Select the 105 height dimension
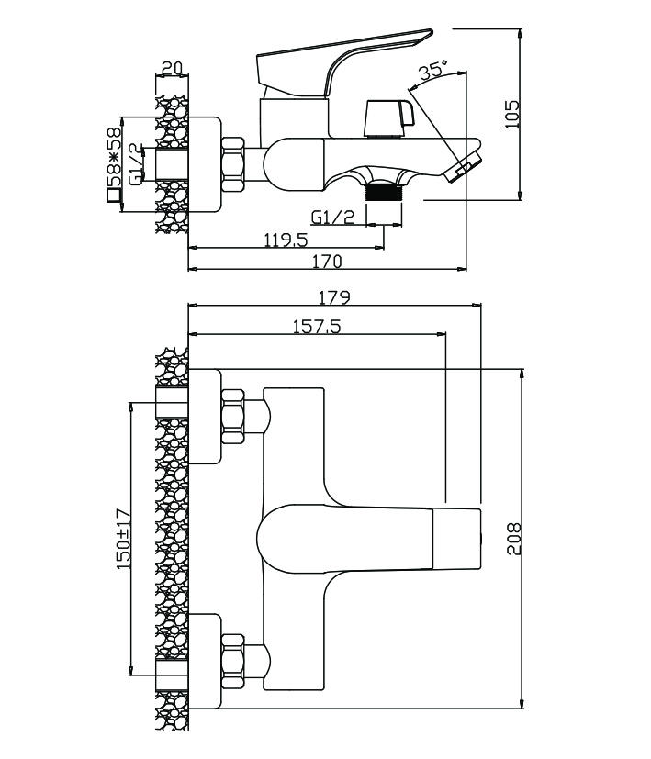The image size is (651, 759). (x=512, y=114)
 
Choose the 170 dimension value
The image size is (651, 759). (x=326, y=262)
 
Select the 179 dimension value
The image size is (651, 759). (x=335, y=297)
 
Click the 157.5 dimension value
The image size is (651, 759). (x=314, y=326)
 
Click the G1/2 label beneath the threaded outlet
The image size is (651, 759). (x=332, y=218)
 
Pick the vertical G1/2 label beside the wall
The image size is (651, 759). (x=135, y=164)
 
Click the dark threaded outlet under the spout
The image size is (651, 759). (x=384, y=192)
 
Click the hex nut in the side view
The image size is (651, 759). (x=235, y=164)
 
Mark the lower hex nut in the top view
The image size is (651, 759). (x=232, y=660)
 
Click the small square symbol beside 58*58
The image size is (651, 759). (x=114, y=195)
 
